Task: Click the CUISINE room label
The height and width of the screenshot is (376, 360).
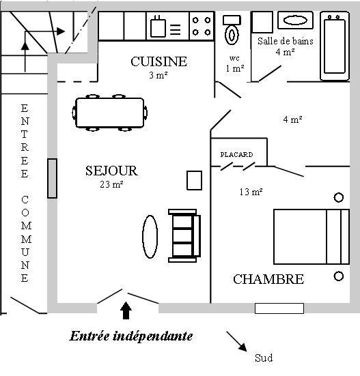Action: tap(159, 61)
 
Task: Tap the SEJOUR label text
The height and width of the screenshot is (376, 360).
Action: tap(111, 171)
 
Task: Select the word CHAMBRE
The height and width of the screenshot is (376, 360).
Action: tap(268, 279)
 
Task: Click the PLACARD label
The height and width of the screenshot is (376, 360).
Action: tap(236, 155)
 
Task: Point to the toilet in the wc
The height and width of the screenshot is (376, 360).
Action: tap(232, 30)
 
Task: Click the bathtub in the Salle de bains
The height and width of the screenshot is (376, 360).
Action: tap(335, 46)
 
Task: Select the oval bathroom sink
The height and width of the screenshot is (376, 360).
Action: tap(295, 20)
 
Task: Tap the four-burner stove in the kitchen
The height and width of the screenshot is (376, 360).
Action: tap(202, 26)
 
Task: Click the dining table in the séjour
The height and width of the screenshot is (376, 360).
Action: tap(110, 113)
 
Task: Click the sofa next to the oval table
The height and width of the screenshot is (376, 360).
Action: tap(184, 235)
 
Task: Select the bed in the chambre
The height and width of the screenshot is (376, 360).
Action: tap(311, 237)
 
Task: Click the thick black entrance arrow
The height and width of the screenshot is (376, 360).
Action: tap(126, 310)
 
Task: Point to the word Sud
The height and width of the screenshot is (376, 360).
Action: tap(264, 358)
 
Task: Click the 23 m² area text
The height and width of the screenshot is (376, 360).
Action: tap(111, 184)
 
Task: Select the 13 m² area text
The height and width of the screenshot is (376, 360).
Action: tap(251, 192)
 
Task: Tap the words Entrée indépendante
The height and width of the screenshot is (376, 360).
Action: tap(131, 336)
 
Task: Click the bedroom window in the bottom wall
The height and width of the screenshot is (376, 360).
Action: tap(279, 308)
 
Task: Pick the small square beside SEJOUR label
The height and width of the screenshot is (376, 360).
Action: tap(194, 180)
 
